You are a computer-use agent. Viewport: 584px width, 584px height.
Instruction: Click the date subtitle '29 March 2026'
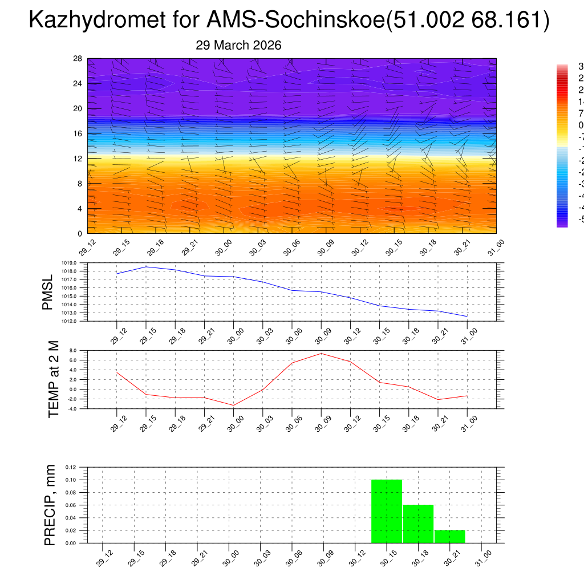click(238, 46)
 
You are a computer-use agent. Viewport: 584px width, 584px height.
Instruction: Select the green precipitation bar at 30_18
click(418, 524)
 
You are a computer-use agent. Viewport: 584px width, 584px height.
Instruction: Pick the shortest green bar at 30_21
click(449, 537)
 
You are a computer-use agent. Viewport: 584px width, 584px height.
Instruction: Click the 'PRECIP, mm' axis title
click(50, 505)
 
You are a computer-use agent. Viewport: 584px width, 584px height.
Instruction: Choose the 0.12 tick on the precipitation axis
click(70, 467)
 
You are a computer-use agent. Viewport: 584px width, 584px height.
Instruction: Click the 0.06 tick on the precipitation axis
click(70, 505)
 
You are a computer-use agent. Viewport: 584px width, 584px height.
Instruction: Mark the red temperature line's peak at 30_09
click(321, 354)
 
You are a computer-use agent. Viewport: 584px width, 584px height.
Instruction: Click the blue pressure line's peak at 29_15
click(146, 267)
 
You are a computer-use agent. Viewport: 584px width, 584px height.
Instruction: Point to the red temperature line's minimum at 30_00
click(233, 405)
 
